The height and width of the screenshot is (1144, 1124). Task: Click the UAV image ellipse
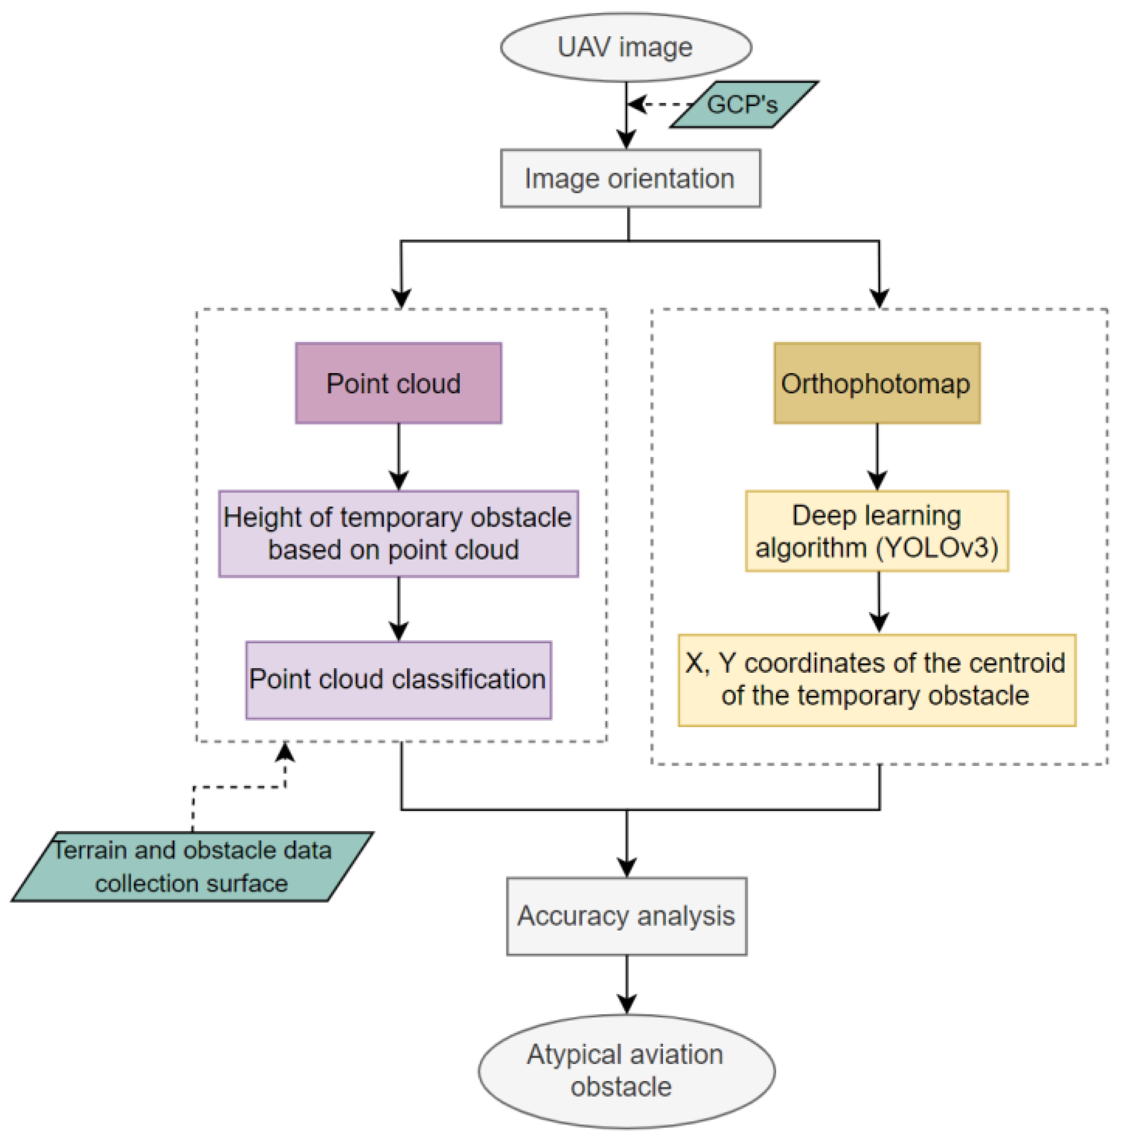[x=626, y=47]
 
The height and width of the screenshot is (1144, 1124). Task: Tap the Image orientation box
[x=630, y=178]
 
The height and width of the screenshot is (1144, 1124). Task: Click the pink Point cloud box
[x=398, y=383]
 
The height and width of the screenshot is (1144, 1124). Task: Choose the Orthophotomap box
[x=876, y=383]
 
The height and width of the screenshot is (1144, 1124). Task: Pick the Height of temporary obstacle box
[x=398, y=533]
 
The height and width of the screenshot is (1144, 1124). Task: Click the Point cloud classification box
[x=398, y=679]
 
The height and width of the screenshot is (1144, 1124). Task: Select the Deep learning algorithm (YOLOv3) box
[x=876, y=531]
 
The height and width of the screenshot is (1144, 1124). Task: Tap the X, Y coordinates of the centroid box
[x=876, y=679]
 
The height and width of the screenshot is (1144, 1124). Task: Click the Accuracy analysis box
[x=626, y=916]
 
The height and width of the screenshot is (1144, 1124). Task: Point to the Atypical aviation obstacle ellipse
[x=626, y=1071]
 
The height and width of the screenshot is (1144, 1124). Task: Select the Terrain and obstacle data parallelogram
[x=192, y=867]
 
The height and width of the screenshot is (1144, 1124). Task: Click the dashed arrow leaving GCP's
[x=658, y=105]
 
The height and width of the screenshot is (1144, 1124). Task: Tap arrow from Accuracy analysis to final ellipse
[x=626, y=983]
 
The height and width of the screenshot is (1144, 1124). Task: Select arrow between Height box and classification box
[x=399, y=608]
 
